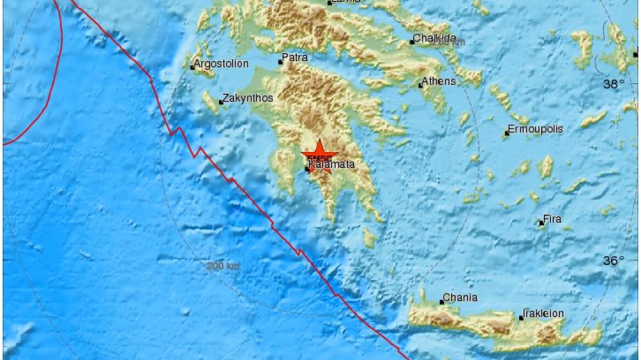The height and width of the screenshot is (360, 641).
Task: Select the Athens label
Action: coord(439,81)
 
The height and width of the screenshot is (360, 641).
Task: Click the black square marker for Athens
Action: coord(421,85)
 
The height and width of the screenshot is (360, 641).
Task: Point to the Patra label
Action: coord(296,58)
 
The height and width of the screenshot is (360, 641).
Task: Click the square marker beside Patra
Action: coord(280,62)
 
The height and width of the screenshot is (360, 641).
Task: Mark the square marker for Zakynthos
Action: coord(221,102)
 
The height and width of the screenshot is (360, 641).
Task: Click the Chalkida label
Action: coord(435,38)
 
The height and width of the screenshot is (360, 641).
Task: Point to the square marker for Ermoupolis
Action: coord(507,133)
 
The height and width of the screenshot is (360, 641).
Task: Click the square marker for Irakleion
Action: coord(521,317)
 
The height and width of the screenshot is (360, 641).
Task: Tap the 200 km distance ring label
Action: coord(223,266)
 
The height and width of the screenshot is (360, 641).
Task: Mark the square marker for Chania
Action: coord(442,302)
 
